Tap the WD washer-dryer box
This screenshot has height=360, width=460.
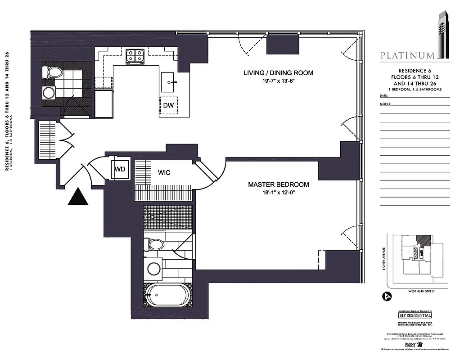coord(120,170)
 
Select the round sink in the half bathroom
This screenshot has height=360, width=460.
coord(48,93)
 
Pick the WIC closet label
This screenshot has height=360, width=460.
coord(164,172)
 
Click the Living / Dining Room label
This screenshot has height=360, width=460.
coord(278,73)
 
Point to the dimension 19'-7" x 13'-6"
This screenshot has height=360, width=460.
coord(278,81)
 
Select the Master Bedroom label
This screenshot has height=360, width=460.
coord(279,184)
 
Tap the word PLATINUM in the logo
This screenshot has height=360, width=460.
coord(407,56)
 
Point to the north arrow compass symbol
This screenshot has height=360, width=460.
coord(386,296)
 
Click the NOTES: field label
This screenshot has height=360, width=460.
coord(385,104)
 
